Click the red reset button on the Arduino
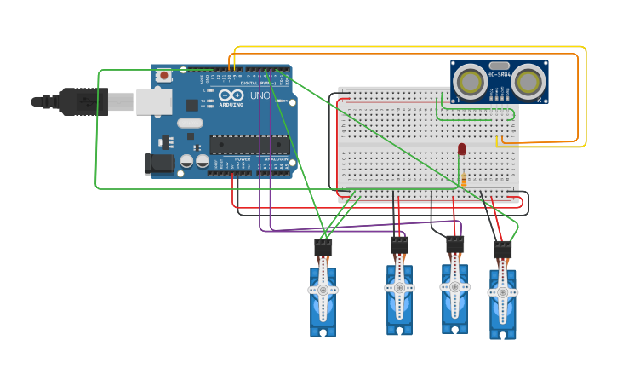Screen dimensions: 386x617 point(164,75)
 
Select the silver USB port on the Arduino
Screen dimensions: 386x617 point(154,101)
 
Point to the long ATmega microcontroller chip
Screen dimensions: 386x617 point(249,145)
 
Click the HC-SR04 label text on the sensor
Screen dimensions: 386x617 point(499,75)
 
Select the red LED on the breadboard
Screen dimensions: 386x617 point(462,148)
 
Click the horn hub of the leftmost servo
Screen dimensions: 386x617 point(323,290)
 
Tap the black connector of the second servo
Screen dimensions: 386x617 point(399,245)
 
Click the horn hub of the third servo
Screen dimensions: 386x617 point(454,287)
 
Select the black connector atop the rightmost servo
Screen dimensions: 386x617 point(503,250)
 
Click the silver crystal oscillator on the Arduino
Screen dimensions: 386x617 point(190,123)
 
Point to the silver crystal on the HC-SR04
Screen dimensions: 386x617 point(499,65)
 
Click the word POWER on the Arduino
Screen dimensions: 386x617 point(243,159)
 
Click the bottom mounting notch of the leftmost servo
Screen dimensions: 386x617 point(323,331)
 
